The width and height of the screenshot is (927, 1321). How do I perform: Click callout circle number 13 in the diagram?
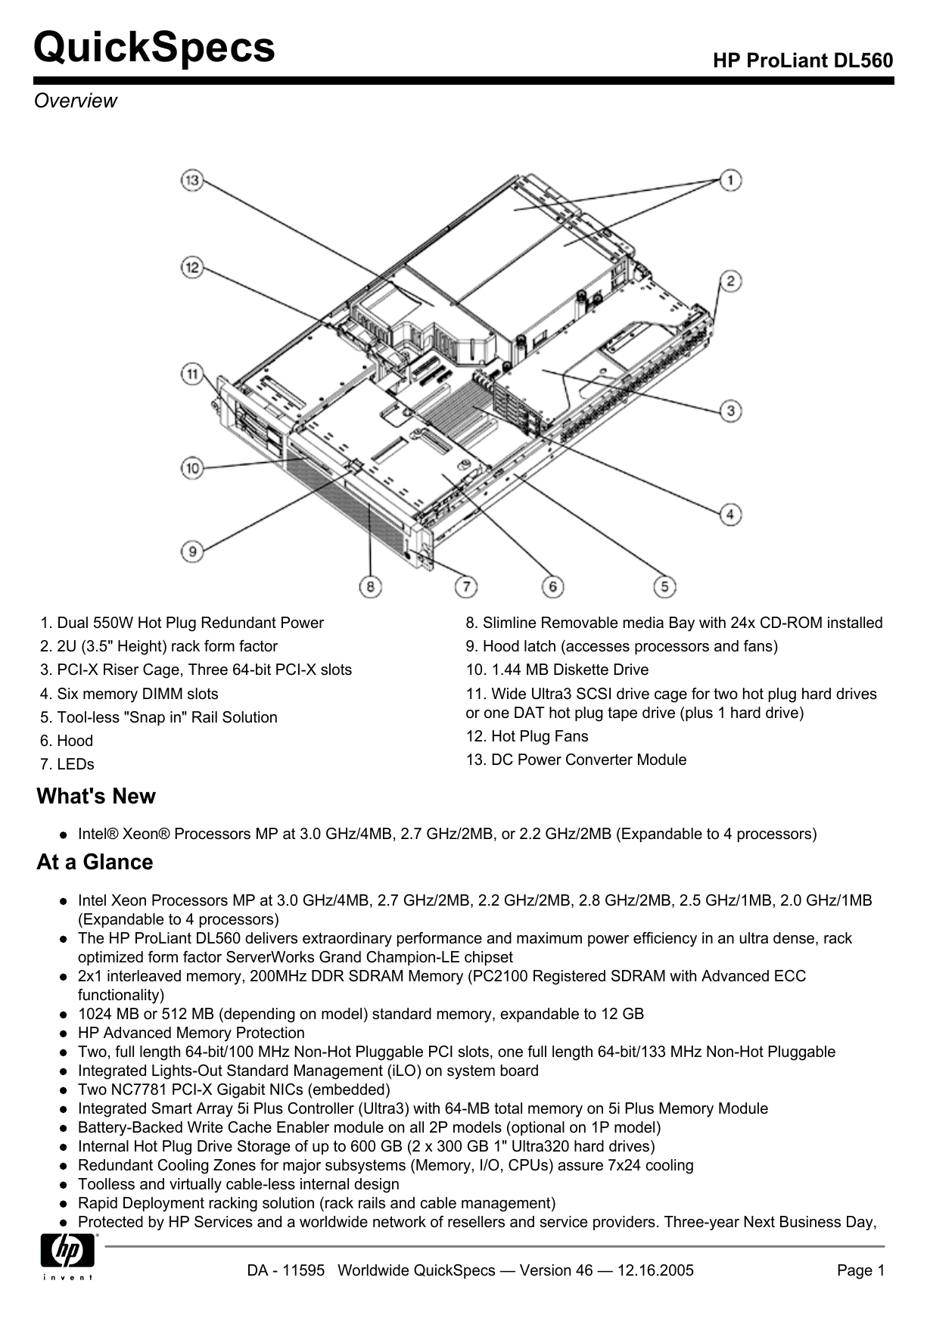tap(191, 180)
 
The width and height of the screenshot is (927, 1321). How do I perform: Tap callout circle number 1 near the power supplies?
tap(730, 180)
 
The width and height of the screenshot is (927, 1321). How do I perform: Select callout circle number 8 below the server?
tap(370, 586)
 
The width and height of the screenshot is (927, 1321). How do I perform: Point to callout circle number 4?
tap(730, 514)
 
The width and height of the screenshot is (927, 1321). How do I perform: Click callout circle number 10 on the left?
tap(192, 468)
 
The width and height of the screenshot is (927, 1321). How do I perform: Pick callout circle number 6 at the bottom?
tap(553, 586)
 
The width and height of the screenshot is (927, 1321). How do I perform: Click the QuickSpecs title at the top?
tap(154, 47)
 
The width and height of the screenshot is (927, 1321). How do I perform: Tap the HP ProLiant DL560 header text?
tap(803, 61)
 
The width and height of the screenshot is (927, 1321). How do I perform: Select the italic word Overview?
tap(76, 101)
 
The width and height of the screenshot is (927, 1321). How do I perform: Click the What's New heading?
tap(96, 797)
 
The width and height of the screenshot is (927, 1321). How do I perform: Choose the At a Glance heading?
tap(95, 863)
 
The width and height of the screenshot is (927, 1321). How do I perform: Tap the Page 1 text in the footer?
tap(860, 1271)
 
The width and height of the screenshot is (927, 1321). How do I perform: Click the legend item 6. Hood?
tap(67, 741)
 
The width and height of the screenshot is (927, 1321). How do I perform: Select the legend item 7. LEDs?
tap(67, 764)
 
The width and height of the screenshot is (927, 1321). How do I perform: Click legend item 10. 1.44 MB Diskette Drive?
tap(557, 670)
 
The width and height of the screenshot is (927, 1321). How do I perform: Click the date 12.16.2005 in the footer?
tap(655, 1271)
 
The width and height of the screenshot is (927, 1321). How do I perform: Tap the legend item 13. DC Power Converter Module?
tap(576, 760)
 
